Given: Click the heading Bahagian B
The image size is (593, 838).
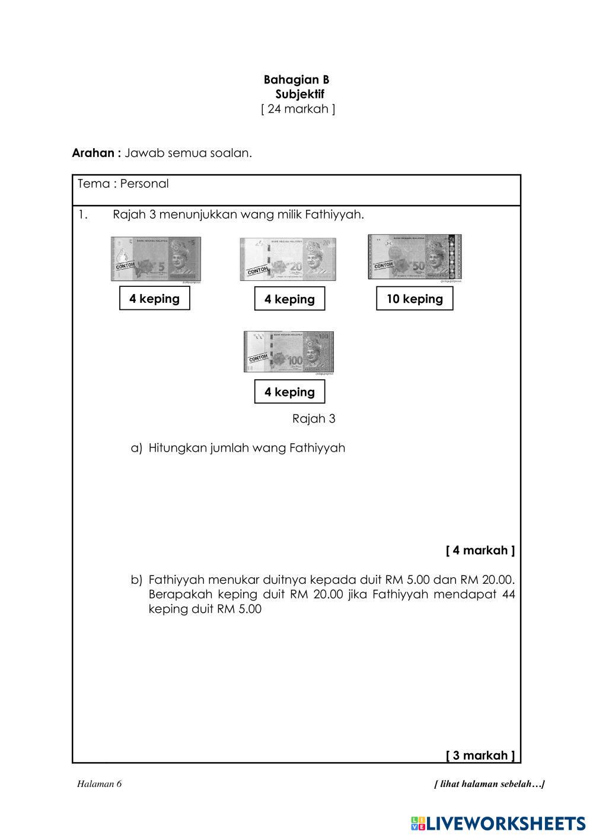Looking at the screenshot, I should coord(296,79).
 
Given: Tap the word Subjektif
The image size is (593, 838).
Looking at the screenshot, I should coord(300,94).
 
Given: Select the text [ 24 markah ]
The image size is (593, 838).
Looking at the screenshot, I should coord(298,109).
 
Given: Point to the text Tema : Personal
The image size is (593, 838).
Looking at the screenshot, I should coord(123,184).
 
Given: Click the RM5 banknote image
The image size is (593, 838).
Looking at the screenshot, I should coord(156,259).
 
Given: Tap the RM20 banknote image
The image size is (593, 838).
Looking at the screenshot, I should coord(288,259).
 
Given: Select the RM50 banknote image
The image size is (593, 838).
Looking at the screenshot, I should coord(415,257).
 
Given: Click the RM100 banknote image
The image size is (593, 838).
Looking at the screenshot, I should coord(289,351).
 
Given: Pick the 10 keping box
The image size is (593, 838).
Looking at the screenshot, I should coord(415,299).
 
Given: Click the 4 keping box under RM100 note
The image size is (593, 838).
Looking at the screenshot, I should coord(289,392).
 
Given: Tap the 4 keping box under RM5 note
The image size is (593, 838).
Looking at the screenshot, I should coord(154,298).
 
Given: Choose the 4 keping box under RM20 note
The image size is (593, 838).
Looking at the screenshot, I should coord(289,299).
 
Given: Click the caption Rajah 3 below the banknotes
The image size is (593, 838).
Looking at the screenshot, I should coord(314,419).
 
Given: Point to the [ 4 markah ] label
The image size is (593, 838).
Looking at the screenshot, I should coord(480,551).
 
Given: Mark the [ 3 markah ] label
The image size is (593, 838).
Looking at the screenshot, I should coord(480,755).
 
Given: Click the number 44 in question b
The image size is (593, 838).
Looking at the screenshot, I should coord(508,594).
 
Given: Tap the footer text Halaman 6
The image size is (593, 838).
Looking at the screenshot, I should coord(99,784).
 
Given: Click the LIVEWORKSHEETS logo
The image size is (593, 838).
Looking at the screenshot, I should coord(498,823).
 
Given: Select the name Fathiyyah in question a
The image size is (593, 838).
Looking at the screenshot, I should coord(317,448).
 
